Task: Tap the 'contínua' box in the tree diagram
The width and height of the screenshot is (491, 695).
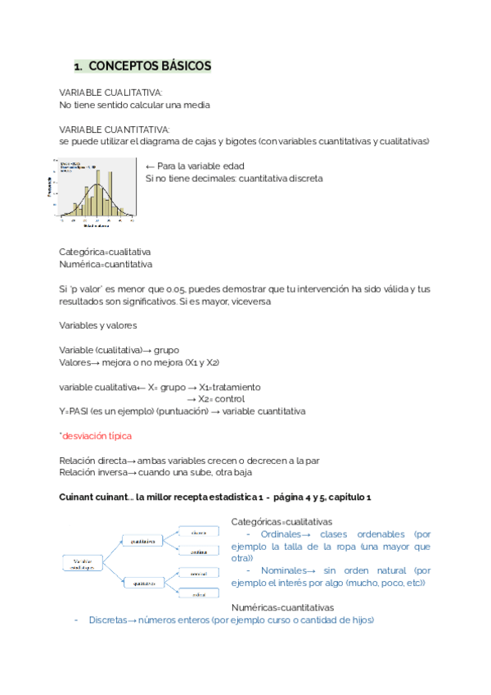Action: click(x=199, y=551)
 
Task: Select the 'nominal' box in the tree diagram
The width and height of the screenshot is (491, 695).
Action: click(x=199, y=572)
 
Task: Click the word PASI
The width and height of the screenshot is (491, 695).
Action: click(x=80, y=411)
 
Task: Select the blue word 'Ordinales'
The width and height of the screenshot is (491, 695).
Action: click(x=280, y=534)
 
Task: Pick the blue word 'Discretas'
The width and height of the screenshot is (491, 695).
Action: click(x=108, y=620)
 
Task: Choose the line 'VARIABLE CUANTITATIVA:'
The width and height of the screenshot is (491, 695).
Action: click(x=115, y=129)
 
